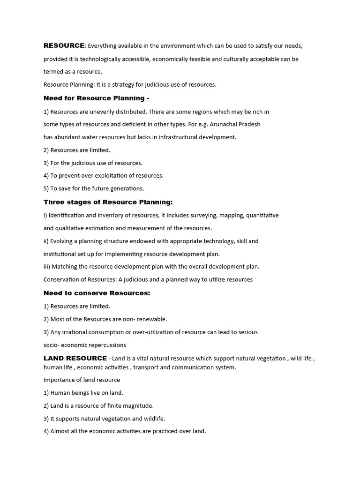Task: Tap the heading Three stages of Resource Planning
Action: point(108,202)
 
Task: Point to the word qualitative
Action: point(69,228)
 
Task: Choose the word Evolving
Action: point(64,241)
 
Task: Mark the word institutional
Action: point(60,254)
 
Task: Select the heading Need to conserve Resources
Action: point(97,293)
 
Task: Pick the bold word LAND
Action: point(53,359)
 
